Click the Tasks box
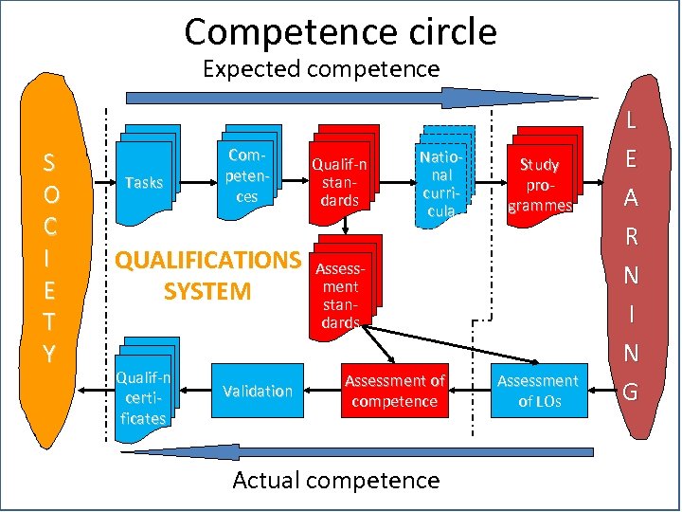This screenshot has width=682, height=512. point(144,181)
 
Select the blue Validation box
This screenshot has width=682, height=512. point(258,391)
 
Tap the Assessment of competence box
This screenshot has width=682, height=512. point(394,391)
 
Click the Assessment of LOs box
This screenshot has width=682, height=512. point(538,391)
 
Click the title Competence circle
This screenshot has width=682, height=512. point(341,32)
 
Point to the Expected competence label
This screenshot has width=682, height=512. point(321,69)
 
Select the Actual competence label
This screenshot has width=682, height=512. point(336,480)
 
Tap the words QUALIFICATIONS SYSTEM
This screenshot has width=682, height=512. point(207,275)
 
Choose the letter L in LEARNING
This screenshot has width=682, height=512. point(632,121)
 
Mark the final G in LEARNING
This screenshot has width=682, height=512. point(632,390)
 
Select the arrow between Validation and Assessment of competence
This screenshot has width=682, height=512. point(320,391)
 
